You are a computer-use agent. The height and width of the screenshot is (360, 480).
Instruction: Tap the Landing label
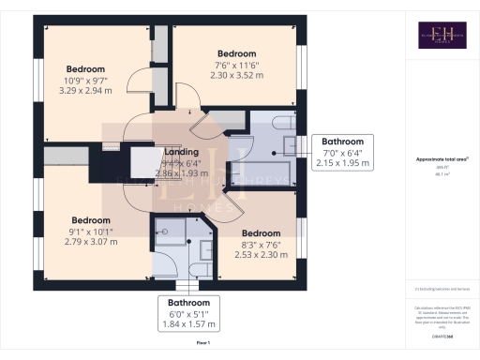[180, 152]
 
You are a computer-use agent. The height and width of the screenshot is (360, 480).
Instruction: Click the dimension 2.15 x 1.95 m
[340, 163]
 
